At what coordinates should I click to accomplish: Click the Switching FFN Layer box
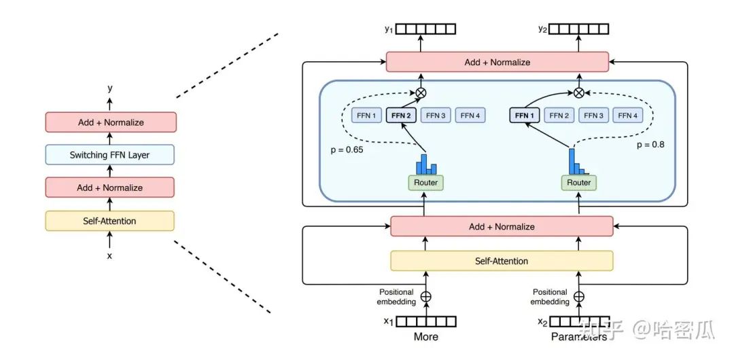[x=109, y=155]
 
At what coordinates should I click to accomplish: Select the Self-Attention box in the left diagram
[x=109, y=221]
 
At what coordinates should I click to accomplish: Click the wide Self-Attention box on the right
[x=502, y=261]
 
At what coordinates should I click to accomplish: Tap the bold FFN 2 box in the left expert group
[x=400, y=115]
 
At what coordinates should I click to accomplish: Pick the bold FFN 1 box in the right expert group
[x=525, y=115]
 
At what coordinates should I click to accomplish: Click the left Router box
[x=425, y=183]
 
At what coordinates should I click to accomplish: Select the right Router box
[x=578, y=183]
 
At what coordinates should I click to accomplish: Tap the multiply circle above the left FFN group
[x=421, y=92]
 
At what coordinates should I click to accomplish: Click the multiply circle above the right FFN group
[x=578, y=92]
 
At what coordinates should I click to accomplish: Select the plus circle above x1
[x=426, y=296]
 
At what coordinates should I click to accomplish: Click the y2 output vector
[x=578, y=29]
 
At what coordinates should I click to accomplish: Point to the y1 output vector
[x=426, y=29]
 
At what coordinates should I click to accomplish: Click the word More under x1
[x=425, y=336]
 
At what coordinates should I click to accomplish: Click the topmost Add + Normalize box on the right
[x=497, y=62]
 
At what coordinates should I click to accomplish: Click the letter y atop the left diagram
[x=109, y=88]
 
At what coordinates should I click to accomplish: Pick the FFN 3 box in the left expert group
[x=435, y=115]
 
